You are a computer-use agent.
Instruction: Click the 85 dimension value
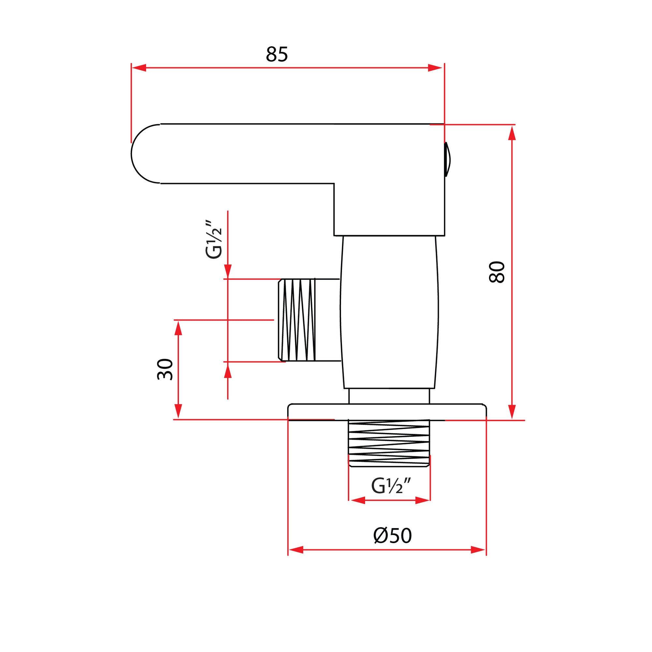[x=277, y=54]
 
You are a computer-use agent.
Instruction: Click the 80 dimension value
[x=497, y=272]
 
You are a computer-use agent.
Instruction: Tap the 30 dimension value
[x=165, y=370]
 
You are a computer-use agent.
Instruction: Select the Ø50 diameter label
[x=393, y=536]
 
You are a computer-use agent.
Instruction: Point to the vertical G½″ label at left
[x=214, y=239]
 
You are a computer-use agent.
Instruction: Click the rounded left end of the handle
[x=142, y=154]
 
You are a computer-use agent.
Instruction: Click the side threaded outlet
[x=297, y=320]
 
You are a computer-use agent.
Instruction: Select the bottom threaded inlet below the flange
[x=389, y=443]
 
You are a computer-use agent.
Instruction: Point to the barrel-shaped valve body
[x=389, y=312]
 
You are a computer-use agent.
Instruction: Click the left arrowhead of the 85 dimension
[x=138, y=67]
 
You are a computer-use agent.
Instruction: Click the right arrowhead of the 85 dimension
[x=435, y=67]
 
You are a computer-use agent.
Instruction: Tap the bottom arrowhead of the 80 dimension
[x=512, y=412]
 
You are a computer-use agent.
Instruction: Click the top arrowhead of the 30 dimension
[x=179, y=328]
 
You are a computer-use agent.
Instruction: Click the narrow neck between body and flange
[x=389, y=396]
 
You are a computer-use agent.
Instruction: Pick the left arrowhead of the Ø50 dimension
[x=296, y=550]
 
